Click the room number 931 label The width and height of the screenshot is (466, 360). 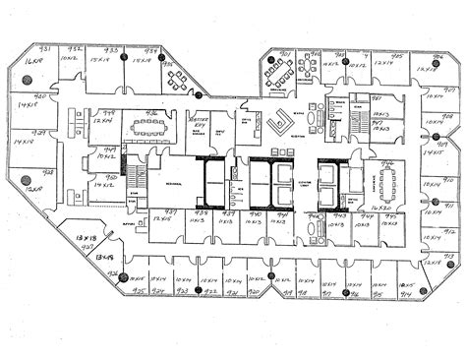coord(44,48)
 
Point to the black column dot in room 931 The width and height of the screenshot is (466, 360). coord(46,79)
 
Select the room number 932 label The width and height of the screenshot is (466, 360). coord(75,48)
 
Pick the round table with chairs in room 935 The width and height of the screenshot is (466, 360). coord(179,78)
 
